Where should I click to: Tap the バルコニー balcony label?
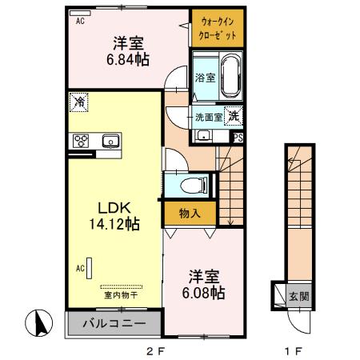pos(111,326)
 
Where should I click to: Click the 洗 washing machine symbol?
pos(232,115)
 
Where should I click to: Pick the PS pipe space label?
pos(238,137)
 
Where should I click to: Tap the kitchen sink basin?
pos(110,142)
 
